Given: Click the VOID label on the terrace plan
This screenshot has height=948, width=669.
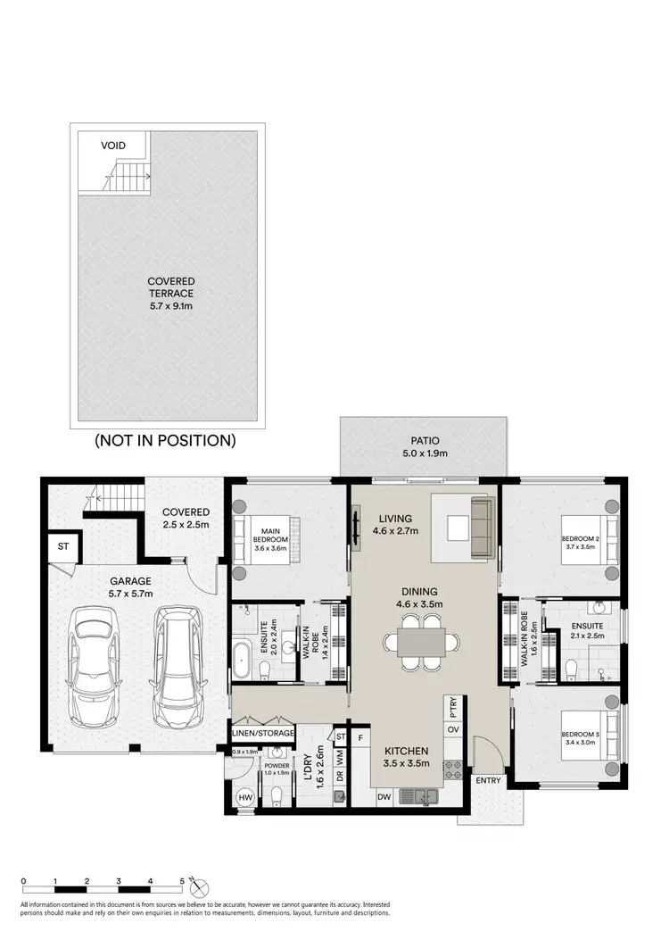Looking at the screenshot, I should pos(113,146).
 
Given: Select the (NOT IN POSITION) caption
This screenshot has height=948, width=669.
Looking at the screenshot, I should pos(165,440).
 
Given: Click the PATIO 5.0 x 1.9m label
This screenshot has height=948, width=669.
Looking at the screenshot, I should pos(425,446).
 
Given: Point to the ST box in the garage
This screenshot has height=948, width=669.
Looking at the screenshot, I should pos(63,546).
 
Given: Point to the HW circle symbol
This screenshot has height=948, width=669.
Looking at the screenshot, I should pos(244,796).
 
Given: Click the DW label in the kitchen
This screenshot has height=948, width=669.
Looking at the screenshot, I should pos(384,796).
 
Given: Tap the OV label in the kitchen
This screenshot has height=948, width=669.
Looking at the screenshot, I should pos(452,731).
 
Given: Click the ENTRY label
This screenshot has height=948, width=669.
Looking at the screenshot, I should pos(489,781).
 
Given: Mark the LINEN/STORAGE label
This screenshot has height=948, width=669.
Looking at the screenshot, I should pos(263,733).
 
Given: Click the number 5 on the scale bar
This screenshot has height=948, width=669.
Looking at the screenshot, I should pos(182,881).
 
